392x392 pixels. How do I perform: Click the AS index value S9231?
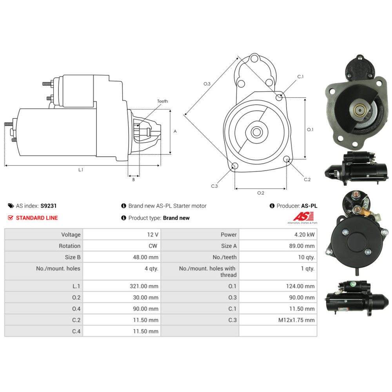[x=49, y=206]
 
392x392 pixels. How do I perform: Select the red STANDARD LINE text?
[x=37, y=218]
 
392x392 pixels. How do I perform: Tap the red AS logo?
[x=303, y=216]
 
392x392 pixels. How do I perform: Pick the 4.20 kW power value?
[x=304, y=234]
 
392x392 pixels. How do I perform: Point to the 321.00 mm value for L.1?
[x=144, y=286]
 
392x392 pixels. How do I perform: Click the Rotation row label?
[x=69, y=246]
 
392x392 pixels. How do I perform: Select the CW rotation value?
[x=153, y=246]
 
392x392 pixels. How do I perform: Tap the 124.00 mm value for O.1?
[x=300, y=286]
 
